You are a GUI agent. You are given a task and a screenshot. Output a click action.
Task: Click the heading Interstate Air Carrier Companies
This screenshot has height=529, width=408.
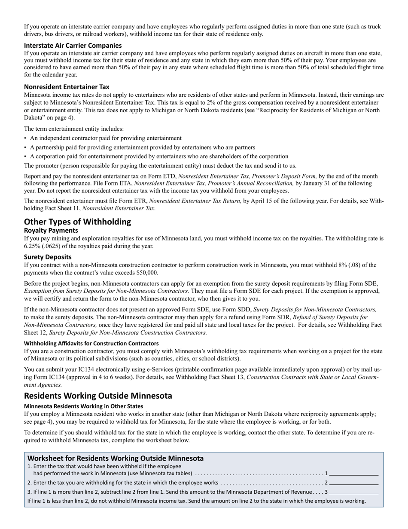(73, 45)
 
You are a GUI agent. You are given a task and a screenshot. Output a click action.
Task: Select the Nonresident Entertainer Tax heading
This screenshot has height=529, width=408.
(67, 86)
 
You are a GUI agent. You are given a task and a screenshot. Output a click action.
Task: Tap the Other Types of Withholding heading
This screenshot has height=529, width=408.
(77, 221)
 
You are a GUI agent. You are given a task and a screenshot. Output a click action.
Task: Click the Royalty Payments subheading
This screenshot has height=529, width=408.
(51, 230)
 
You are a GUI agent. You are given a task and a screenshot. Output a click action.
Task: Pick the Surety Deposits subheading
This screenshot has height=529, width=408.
(48, 257)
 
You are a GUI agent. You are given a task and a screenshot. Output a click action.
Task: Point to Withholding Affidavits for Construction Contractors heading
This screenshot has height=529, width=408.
(91, 343)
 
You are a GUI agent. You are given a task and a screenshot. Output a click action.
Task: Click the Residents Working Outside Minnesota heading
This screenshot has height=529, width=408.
(98, 396)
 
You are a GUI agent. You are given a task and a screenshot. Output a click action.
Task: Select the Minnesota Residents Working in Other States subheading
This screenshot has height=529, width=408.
(83, 406)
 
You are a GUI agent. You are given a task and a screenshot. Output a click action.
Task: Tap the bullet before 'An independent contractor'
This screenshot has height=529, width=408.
(25, 138)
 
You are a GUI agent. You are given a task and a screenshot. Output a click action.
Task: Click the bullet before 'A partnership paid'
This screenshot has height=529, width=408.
(25, 148)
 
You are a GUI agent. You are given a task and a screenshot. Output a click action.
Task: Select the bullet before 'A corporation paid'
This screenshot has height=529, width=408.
(25, 157)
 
